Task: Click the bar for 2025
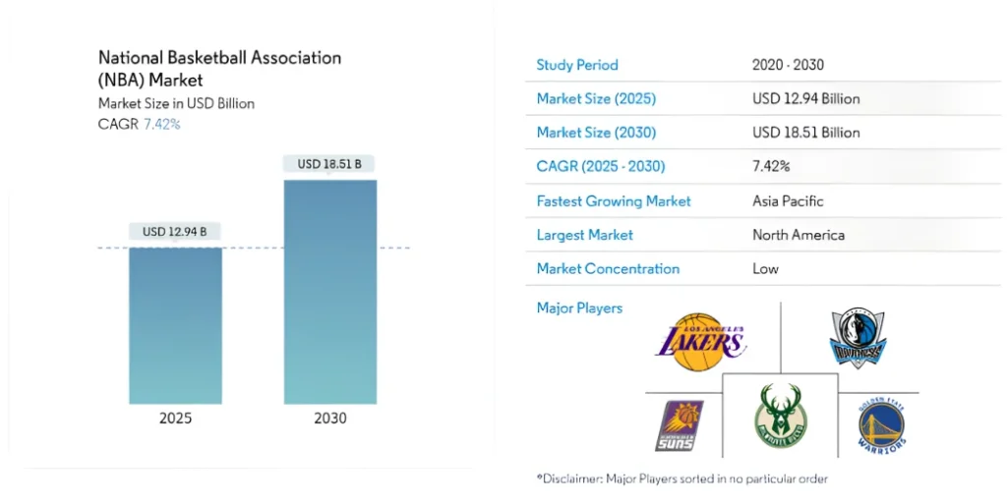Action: (175, 325)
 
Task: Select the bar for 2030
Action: (329, 292)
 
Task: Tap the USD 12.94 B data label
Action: (175, 232)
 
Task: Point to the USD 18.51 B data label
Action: (329, 164)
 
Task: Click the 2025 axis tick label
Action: (175, 419)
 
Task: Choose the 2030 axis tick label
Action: (329, 419)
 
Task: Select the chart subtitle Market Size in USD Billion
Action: (176, 103)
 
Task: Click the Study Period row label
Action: (577, 65)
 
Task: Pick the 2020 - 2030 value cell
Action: (788, 65)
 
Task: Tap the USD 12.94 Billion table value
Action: (805, 98)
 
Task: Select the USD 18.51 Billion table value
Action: (805, 133)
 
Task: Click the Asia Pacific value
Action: (788, 200)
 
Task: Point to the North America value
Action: (798, 235)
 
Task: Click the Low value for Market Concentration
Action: (765, 268)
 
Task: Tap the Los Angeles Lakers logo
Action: (700, 341)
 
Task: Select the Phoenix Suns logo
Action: (680, 425)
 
